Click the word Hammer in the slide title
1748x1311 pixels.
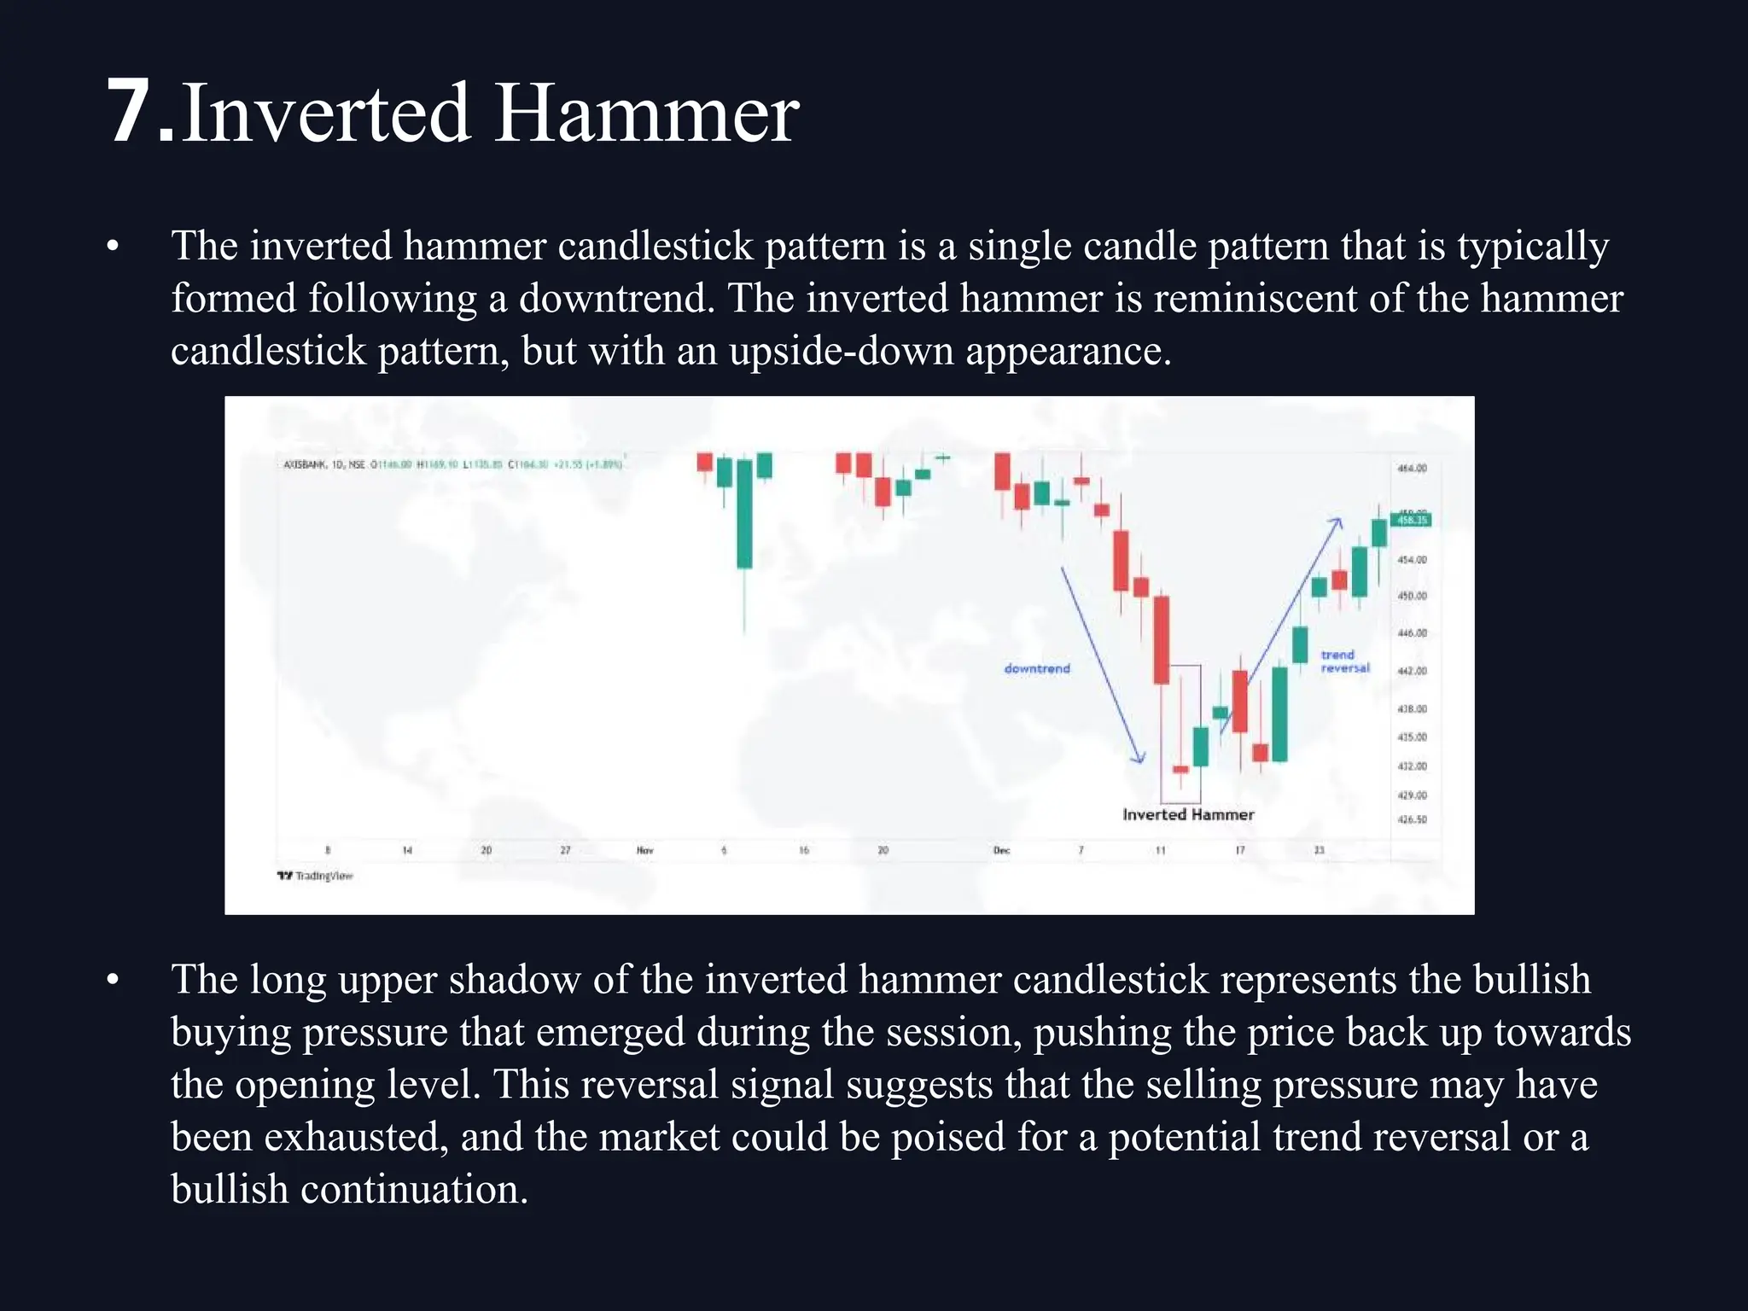click(x=646, y=113)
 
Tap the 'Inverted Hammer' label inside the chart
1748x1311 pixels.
click(x=1188, y=814)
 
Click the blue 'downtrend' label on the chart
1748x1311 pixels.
click(x=1036, y=668)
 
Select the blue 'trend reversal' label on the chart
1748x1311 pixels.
click(x=1344, y=661)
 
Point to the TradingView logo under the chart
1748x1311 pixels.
click(x=315, y=876)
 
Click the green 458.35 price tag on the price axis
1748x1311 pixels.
click(x=1411, y=520)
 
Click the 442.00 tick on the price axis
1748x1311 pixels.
click(x=1412, y=671)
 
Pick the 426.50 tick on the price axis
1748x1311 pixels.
click(x=1412, y=819)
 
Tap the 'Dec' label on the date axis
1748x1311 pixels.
click(x=1001, y=850)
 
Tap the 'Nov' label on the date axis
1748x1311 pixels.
click(x=644, y=850)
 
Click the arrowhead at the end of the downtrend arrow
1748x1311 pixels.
click(x=1139, y=759)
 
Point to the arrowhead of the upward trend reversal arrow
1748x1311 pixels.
click(x=1337, y=521)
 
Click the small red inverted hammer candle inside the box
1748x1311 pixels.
click(x=1180, y=769)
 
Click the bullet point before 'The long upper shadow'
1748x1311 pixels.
click(x=113, y=981)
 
